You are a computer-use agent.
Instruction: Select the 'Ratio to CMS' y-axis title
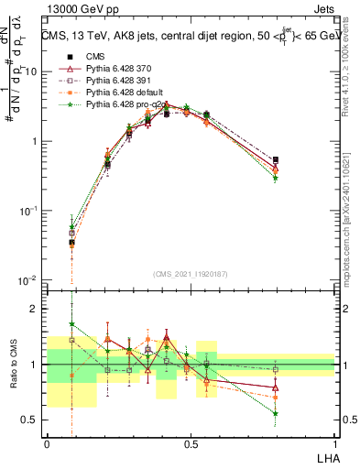(14, 366)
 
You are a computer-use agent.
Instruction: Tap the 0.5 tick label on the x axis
(191, 443)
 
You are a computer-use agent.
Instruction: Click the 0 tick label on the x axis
(47, 443)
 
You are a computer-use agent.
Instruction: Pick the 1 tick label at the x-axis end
(334, 443)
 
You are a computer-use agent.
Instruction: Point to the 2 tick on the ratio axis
(34, 309)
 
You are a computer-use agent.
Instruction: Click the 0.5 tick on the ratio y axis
(29, 420)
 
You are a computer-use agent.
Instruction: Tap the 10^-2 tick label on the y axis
(27, 279)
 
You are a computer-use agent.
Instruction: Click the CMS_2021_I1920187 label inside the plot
(190, 273)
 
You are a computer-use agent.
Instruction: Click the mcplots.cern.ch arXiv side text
(351, 229)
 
